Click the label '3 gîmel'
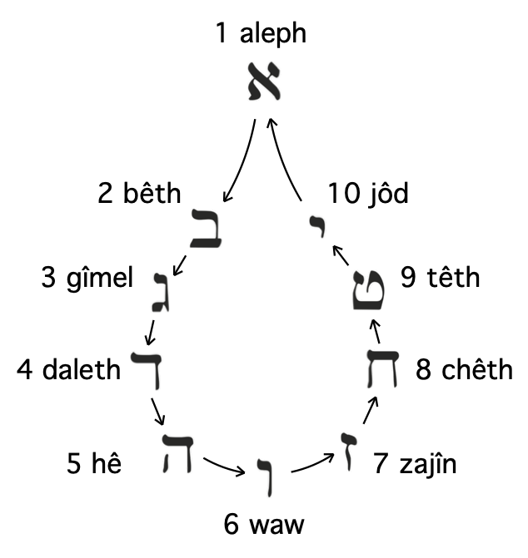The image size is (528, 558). [x=87, y=277]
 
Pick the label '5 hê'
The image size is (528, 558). [x=94, y=464]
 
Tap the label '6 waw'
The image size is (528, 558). [x=264, y=525]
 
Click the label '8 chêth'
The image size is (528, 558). [x=465, y=368]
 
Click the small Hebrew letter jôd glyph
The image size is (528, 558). [x=315, y=224]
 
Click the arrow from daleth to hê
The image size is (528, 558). [x=157, y=411]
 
